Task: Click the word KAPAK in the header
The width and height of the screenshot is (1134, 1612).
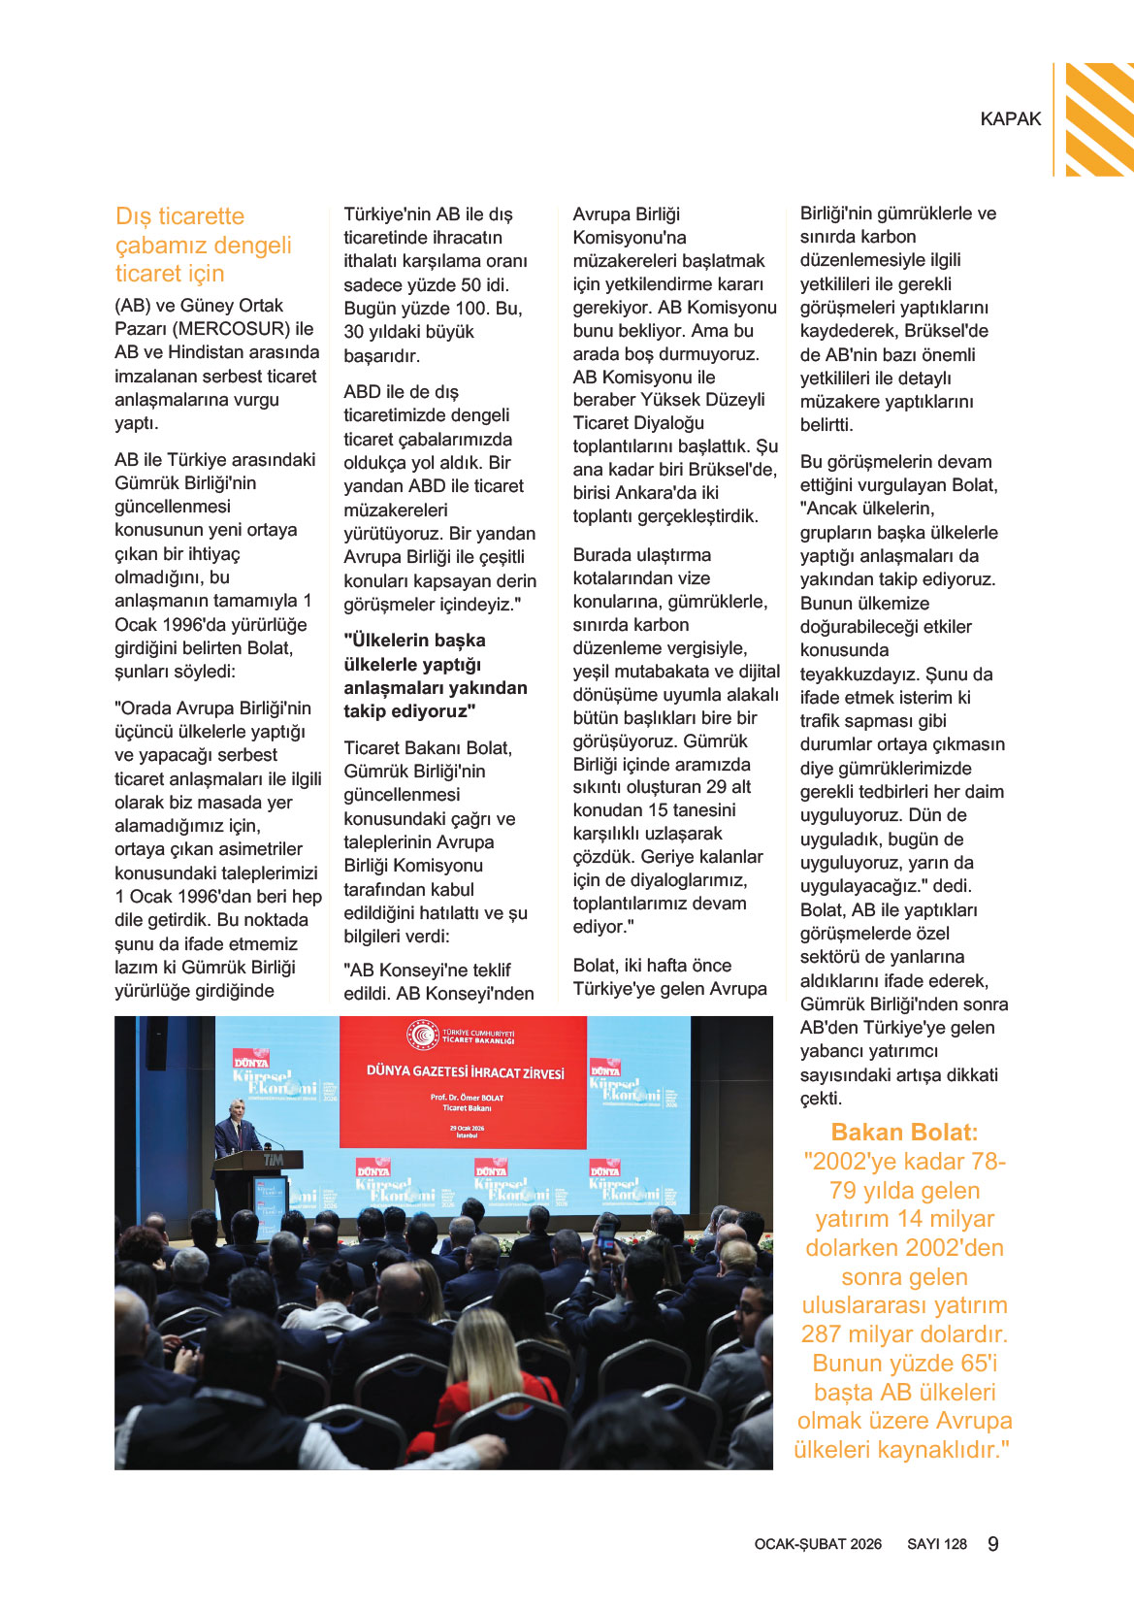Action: (1010, 118)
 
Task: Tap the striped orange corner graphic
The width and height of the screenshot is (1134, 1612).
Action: (1099, 118)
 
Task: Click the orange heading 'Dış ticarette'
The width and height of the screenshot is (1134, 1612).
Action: (179, 216)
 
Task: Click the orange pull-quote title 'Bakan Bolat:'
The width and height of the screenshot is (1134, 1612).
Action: (904, 1133)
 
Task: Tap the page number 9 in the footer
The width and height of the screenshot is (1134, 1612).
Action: (992, 1544)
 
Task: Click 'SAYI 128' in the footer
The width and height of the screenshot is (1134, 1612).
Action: (936, 1544)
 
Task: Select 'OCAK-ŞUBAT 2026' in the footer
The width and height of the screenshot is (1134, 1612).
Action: (818, 1544)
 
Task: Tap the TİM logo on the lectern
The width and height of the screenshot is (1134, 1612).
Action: (274, 1160)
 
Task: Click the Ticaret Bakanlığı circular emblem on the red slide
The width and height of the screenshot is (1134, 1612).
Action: (423, 1035)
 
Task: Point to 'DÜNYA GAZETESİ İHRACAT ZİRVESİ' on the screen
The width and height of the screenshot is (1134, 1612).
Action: (465, 1072)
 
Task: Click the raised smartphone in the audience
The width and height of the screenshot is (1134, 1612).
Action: (607, 1236)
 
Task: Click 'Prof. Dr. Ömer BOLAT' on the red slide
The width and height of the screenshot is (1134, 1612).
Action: (467, 1098)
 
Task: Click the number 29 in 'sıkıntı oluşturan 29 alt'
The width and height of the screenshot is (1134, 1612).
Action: (716, 787)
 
